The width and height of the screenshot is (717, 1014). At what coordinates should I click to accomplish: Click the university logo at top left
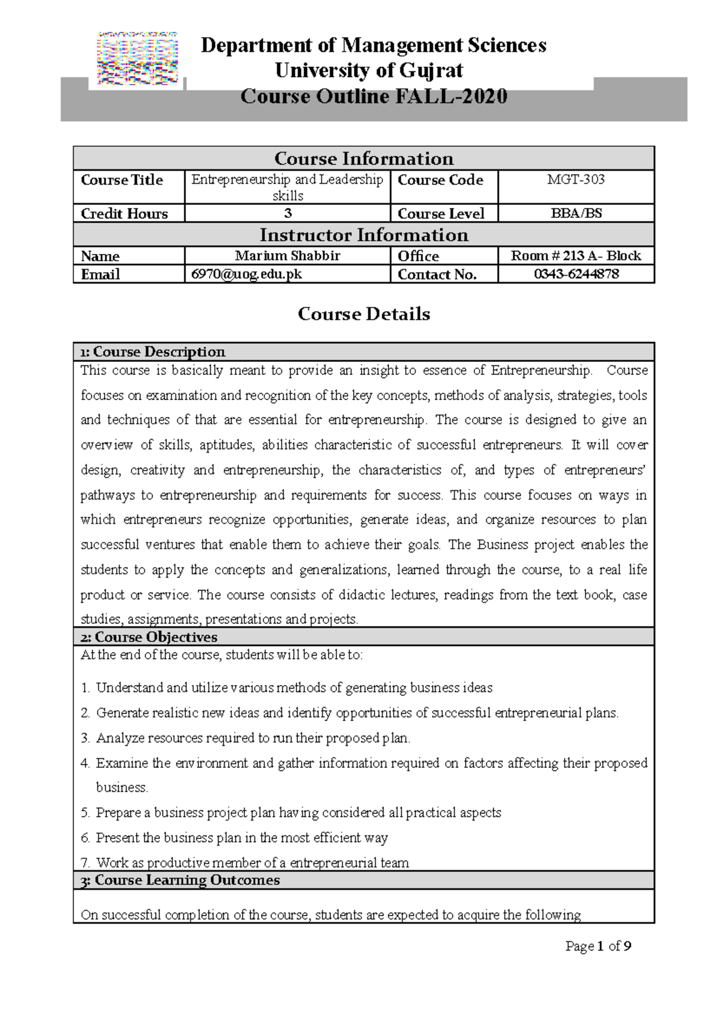coord(138,59)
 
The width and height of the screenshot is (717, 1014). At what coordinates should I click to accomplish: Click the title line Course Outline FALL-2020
coord(373,96)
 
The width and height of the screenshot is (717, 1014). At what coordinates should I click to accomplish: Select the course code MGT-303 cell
coord(575,180)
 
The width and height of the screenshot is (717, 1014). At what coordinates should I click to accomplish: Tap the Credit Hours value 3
coord(287,213)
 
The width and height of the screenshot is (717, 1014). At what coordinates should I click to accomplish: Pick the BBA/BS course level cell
coord(575,213)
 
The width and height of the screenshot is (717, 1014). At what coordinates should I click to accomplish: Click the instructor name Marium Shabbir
coord(287,256)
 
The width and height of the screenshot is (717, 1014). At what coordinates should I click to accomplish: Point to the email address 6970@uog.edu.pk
coord(246,274)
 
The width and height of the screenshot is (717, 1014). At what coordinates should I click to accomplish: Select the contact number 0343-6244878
coord(575,274)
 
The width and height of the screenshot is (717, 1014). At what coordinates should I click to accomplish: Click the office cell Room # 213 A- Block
coord(575,256)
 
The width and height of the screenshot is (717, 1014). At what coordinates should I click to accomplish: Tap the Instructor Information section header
coord(364,235)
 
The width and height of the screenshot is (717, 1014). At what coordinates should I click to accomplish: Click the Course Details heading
coord(364,314)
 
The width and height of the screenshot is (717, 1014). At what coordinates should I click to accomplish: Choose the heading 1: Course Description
coord(153,352)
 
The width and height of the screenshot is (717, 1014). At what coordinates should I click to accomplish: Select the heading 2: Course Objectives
coord(149,637)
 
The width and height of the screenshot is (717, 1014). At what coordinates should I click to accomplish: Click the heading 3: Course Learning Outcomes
coord(180,880)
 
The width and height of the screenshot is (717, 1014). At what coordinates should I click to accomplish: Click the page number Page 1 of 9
coord(598,946)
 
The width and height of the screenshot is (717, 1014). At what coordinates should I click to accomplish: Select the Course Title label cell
coord(122,180)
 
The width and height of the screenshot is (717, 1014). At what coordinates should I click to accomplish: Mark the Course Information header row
coord(364,159)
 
